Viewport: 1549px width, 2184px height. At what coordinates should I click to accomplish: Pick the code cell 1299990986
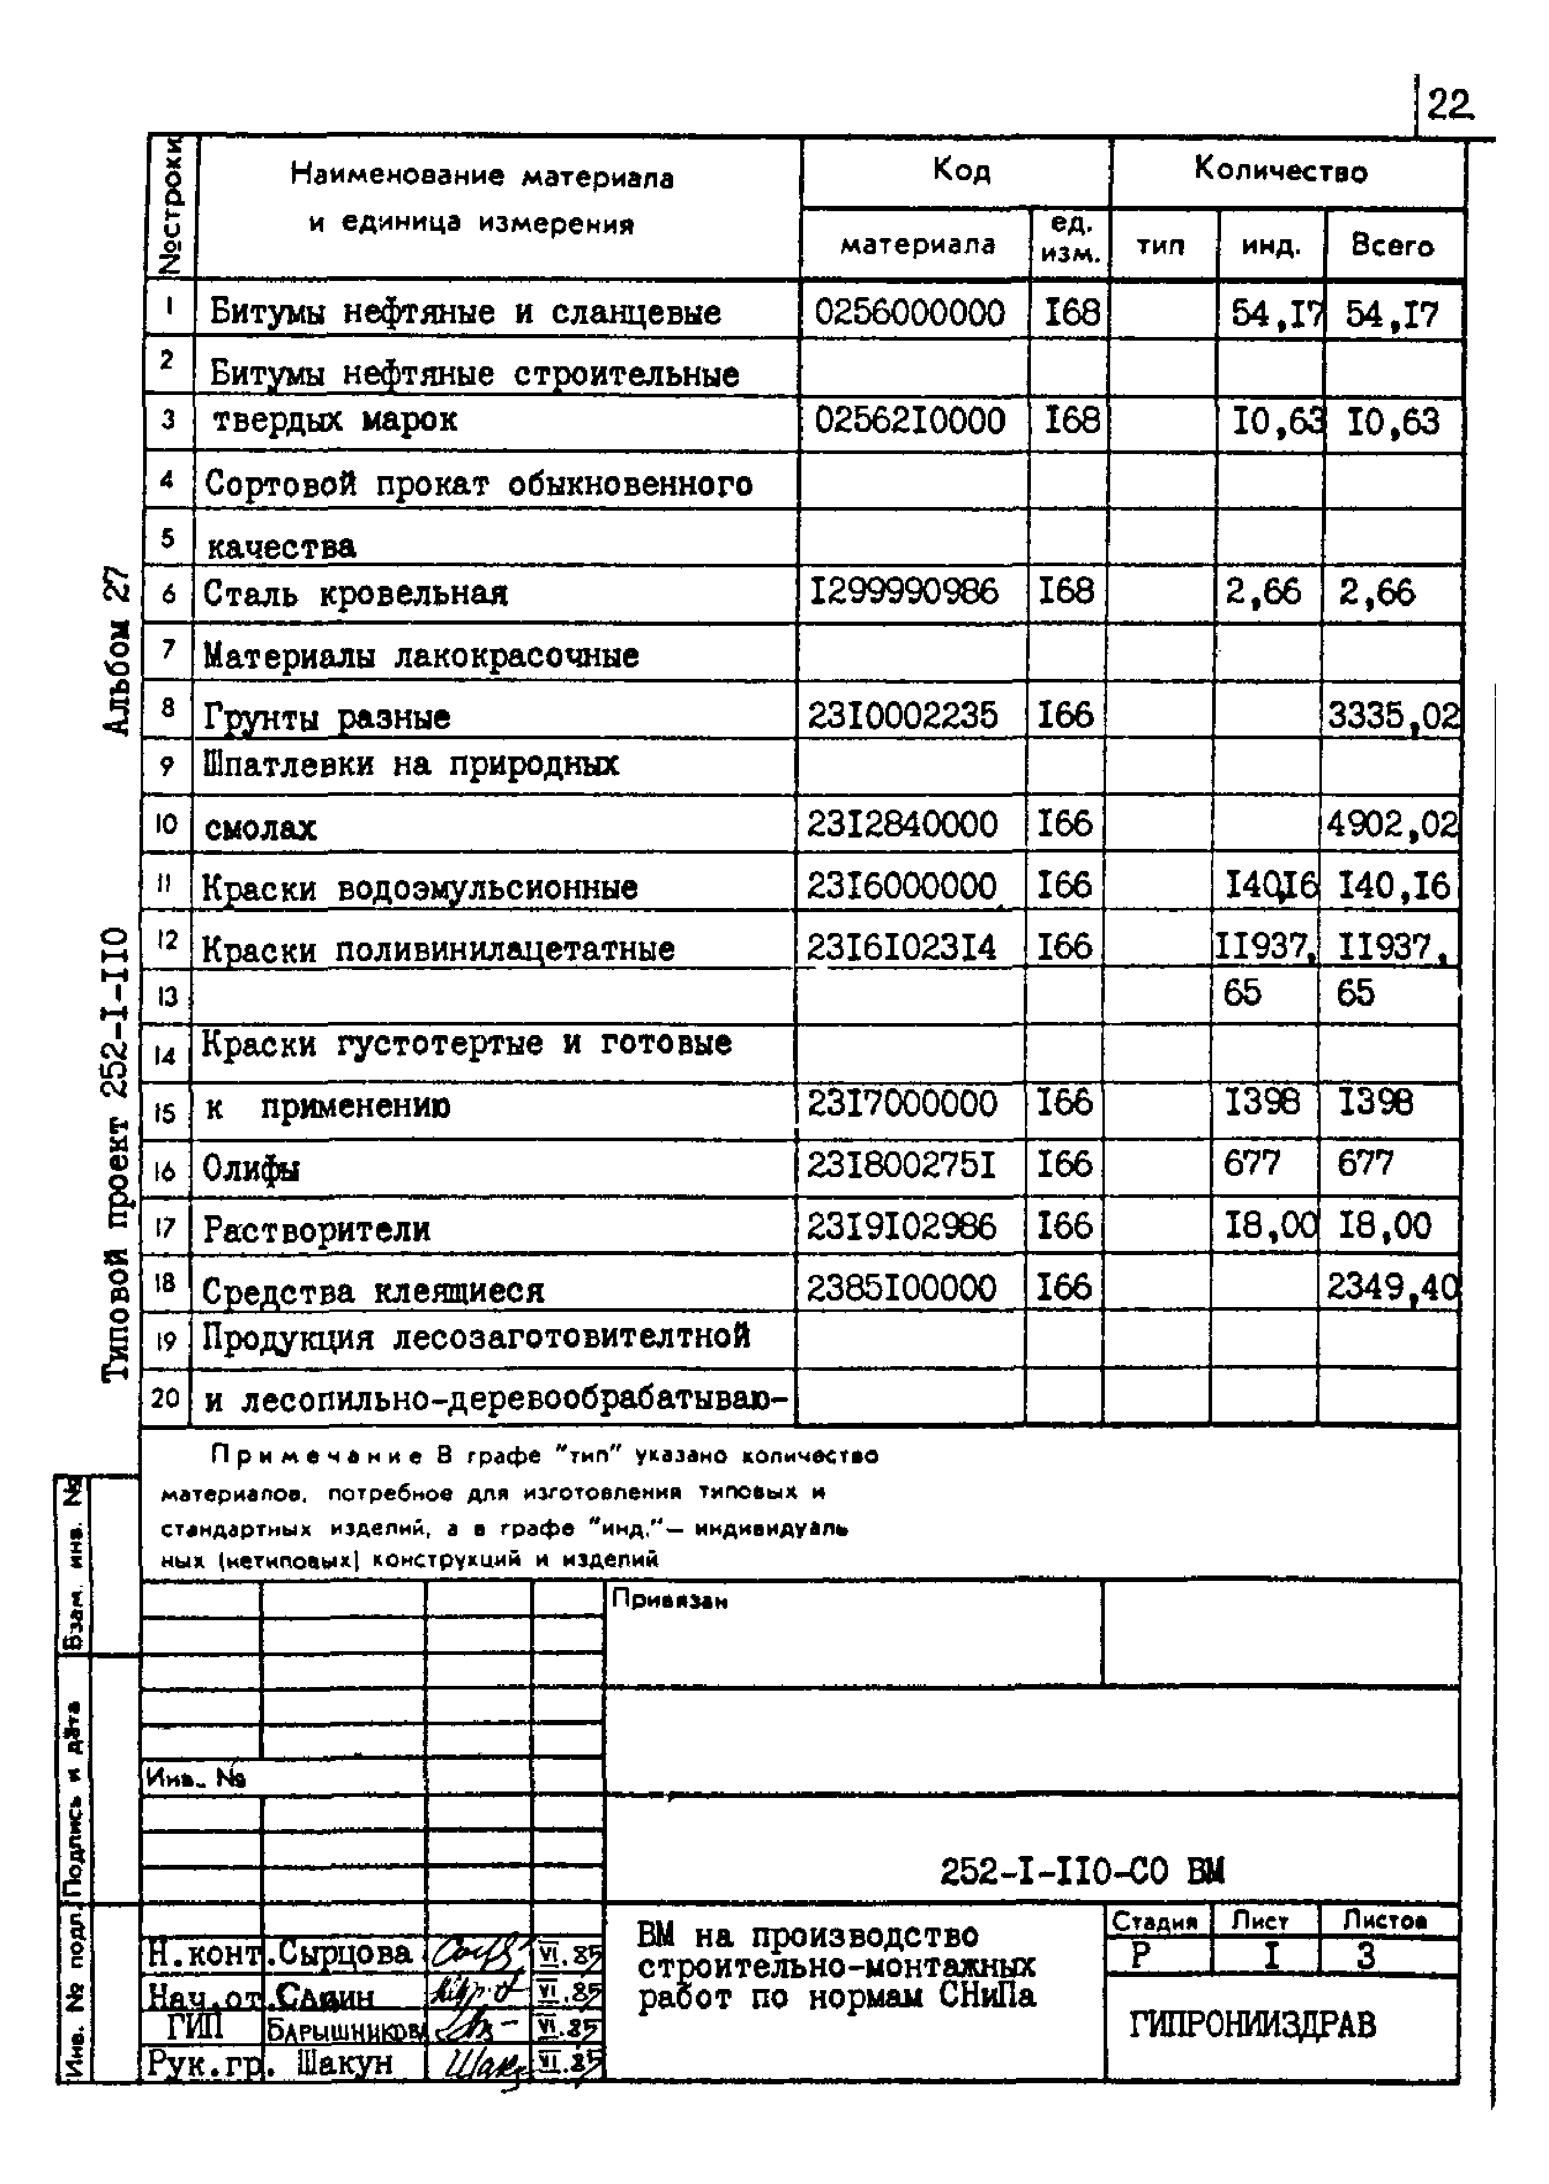[x=903, y=592]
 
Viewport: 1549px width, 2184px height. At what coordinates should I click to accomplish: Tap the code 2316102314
[x=901, y=947]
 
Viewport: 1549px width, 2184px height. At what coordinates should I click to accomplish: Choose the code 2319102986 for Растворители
[x=901, y=1226]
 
